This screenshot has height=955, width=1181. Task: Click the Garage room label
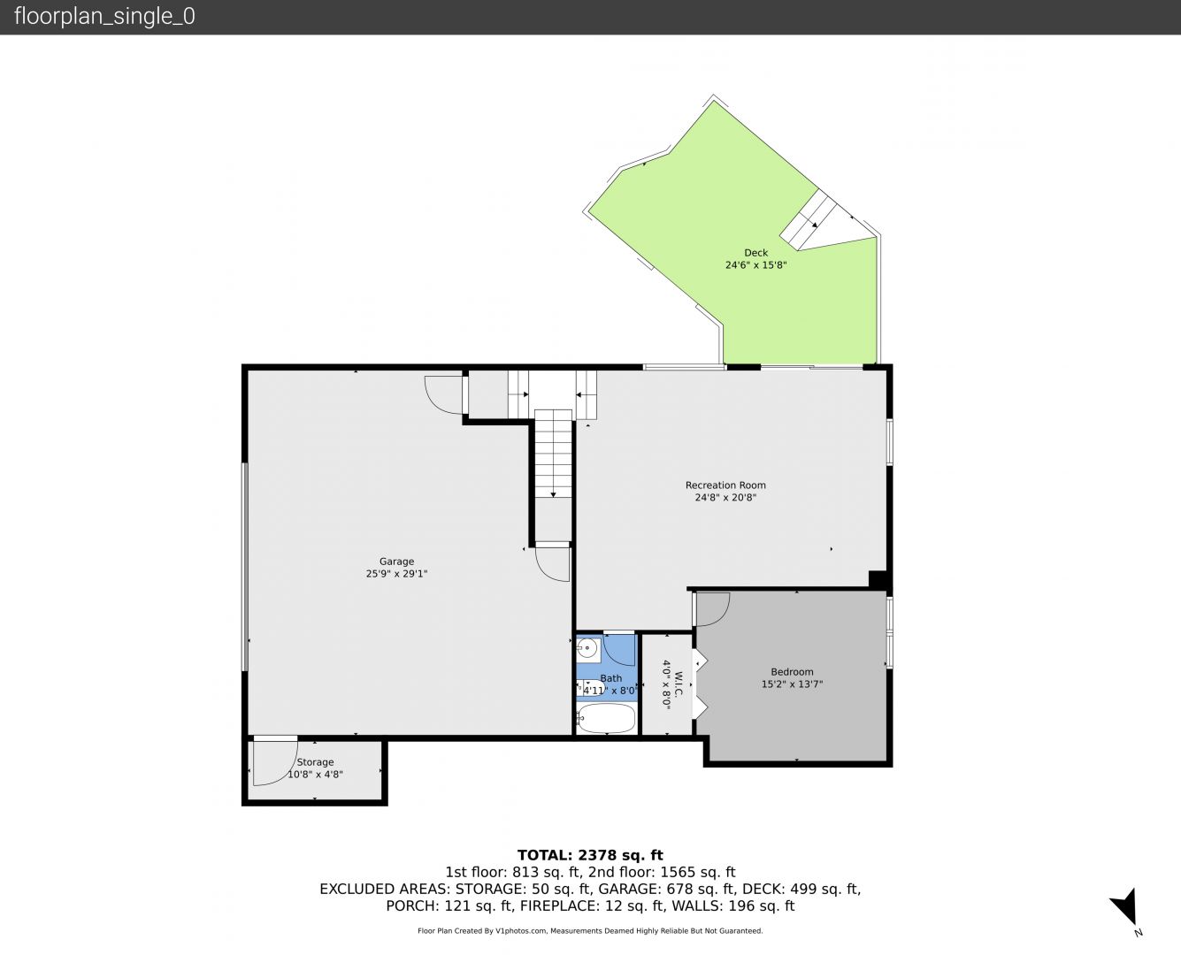pyautogui.click(x=396, y=562)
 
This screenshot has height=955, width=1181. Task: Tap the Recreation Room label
pyautogui.click(x=725, y=485)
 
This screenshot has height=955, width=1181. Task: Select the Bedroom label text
pyautogui.click(x=792, y=672)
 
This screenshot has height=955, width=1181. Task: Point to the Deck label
pyautogui.click(x=755, y=253)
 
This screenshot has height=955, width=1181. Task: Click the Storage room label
pyautogui.click(x=315, y=762)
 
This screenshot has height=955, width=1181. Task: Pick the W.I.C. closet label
pyautogui.click(x=679, y=684)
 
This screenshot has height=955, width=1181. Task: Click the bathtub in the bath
pyautogui.click(x=606, y=718)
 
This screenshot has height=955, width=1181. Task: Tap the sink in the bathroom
pyautogui.click(x=587, y=648)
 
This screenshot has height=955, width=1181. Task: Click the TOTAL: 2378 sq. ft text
pyautogui.click(x=590, y=855)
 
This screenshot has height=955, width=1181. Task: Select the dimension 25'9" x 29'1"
pyautogui.click(x=396, y=574)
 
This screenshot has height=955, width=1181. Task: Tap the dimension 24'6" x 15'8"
pyautogui.click(x=755, y=265)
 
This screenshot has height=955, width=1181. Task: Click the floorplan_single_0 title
pyautogui.click(x=104, y=17)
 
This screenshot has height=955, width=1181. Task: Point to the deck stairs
pyautogui.click(x=809, y=220)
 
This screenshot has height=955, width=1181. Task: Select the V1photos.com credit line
pyautogui.click(x=590, y=930)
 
